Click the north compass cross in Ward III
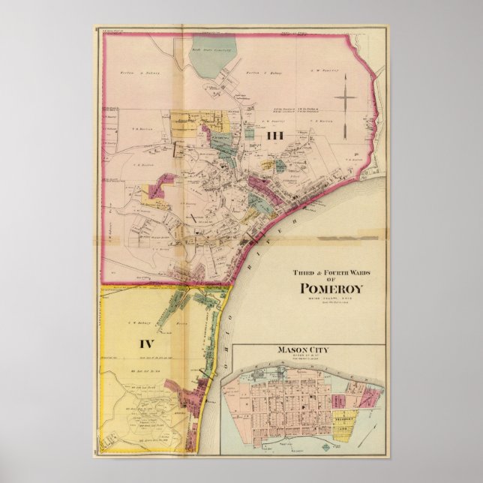coord(345,101)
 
